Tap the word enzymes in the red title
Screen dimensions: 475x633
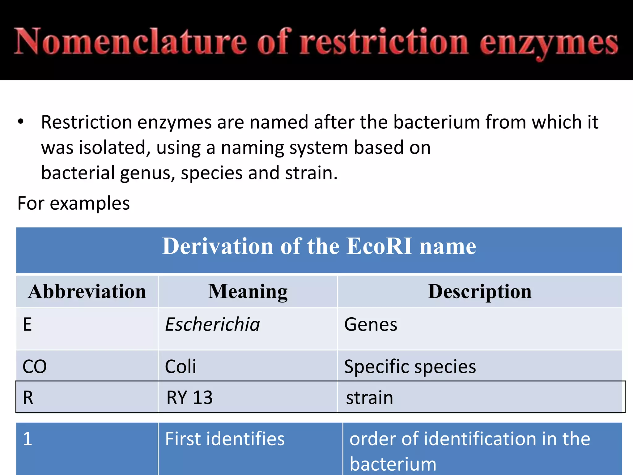(x=549, y=43)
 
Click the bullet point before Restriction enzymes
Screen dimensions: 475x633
(x=21, y=122)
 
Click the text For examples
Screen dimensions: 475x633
(x=74, y=203)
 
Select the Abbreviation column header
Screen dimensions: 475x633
(x=87, y=291)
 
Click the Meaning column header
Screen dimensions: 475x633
(x=248, y=291)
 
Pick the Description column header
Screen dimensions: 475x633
(x=480, y=291)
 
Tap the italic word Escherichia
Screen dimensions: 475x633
(x=213, y=324)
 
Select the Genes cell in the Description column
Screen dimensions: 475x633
(x=371, y=324)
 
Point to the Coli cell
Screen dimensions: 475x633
(x=181, y=366)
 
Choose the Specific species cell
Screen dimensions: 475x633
(x=410, y=366)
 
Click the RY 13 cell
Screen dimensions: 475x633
(x=189, y=397)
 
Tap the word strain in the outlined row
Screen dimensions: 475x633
(x=370, y=397)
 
